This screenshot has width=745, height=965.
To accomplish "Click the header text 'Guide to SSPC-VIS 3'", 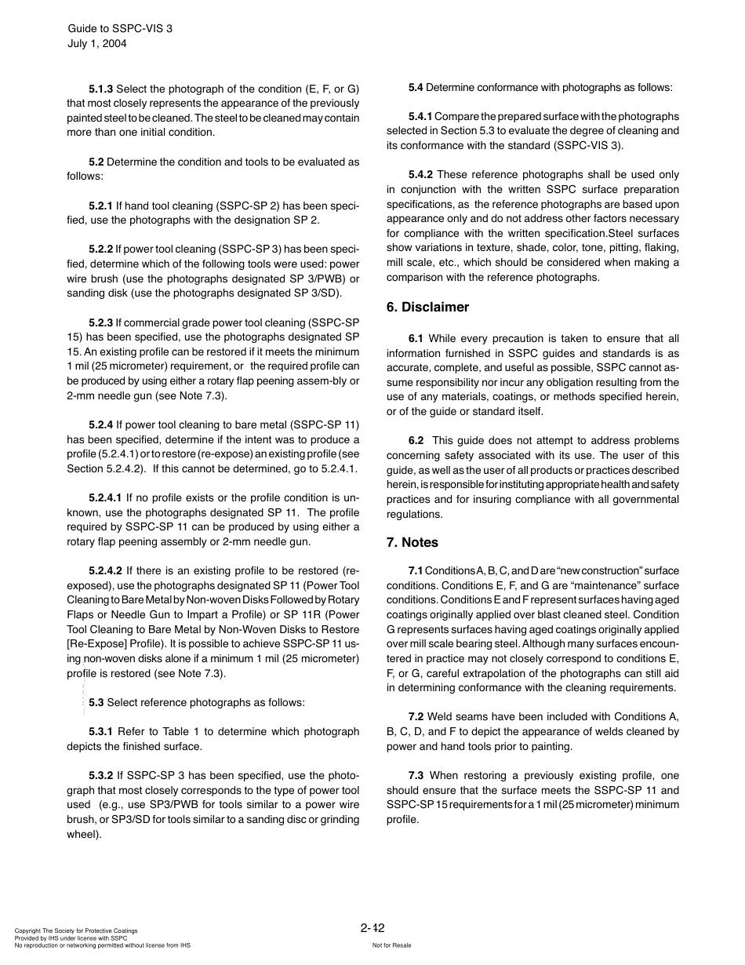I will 119,28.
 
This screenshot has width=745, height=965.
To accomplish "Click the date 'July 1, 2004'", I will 96,44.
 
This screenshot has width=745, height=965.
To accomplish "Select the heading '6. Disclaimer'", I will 427,308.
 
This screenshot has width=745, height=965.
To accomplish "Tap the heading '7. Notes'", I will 412,543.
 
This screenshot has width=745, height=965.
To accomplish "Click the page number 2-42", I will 372,928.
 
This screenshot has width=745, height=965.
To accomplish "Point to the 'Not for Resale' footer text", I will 391,945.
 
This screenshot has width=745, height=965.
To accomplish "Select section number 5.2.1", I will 100,206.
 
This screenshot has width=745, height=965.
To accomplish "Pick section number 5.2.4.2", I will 105,570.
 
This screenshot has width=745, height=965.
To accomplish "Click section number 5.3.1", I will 100,732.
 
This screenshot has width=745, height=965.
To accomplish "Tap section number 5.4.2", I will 420,175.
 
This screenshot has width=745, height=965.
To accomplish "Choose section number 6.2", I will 416,441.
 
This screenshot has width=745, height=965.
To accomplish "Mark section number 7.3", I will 416,775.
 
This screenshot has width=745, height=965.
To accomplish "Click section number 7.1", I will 415,570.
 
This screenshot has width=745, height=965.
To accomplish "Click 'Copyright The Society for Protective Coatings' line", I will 76,931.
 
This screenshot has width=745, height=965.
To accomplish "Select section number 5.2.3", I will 100,322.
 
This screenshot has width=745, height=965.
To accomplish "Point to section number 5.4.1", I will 420,117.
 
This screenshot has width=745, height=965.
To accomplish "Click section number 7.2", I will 416,717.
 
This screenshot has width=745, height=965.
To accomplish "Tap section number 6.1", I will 416,339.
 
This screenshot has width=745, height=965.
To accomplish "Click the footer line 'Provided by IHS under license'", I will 71,938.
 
